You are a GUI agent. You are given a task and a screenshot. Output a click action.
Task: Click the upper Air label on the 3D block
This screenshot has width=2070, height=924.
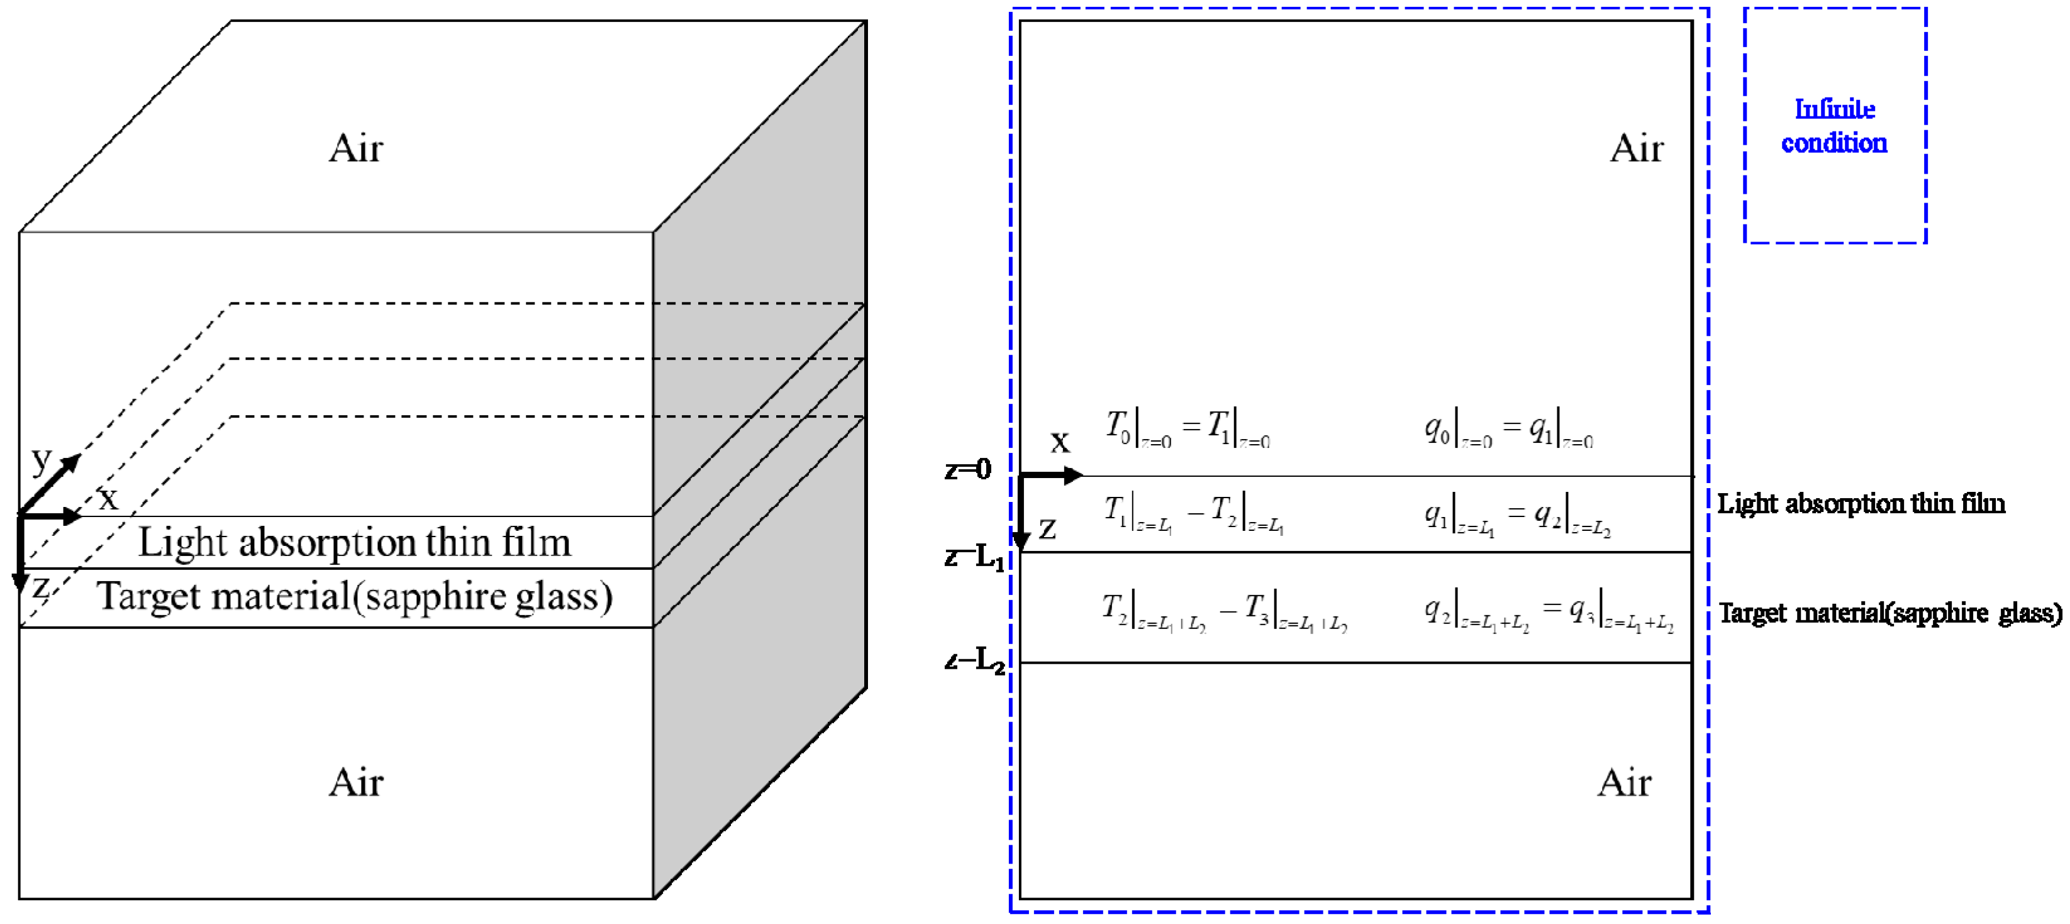[356, 148]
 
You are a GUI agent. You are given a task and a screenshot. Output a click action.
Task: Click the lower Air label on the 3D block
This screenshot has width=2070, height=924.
[356, 782]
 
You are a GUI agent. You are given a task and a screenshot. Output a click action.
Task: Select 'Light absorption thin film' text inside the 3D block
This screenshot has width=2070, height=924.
[354, 542]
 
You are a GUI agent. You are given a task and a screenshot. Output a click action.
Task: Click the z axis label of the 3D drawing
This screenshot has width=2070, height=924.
[40, 588]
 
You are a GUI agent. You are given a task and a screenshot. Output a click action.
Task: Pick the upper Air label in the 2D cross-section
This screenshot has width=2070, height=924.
[1636, 148]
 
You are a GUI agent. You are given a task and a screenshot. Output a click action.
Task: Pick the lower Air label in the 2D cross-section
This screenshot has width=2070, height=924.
[1624, 782]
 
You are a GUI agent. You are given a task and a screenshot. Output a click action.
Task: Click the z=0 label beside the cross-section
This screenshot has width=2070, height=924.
[968, 469]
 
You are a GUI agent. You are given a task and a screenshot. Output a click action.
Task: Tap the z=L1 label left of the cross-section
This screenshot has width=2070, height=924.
[974, 557]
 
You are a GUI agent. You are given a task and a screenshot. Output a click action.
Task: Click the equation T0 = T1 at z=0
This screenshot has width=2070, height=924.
[1187, 428]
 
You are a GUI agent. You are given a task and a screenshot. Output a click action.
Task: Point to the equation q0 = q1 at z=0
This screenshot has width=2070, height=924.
[1508, 428]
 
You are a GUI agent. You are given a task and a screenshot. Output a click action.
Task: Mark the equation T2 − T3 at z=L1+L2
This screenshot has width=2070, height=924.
[1224, 612]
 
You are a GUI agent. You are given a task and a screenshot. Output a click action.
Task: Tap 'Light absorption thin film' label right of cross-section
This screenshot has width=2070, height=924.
[1861, 504]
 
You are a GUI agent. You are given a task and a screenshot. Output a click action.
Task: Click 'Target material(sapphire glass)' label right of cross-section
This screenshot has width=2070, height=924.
[1890, 613]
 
